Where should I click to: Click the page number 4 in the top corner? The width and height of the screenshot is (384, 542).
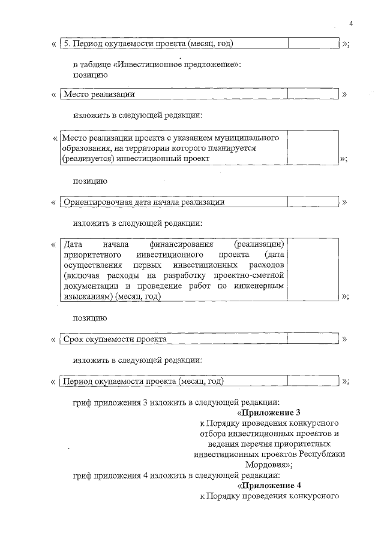tap(351, 23)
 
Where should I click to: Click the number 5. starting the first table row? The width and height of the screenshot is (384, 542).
tap(68, 44)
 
